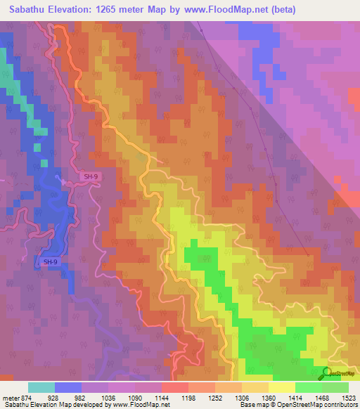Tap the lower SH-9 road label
(x=50, y=262)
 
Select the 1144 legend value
(x=160, y=398)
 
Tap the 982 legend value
(x=83, y=398)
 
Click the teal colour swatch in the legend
(x=41, y=387)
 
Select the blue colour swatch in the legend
(x=68, y=387)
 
